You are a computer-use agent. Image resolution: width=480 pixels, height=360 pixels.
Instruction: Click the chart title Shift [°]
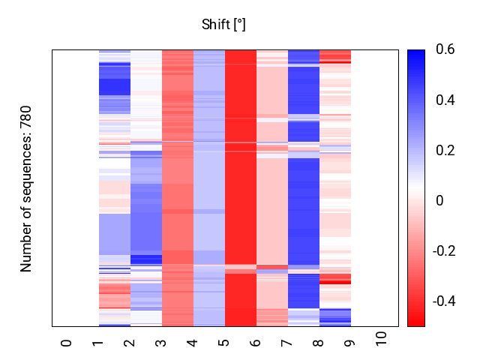(223, 25)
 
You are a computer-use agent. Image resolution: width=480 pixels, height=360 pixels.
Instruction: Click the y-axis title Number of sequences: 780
(26, 188)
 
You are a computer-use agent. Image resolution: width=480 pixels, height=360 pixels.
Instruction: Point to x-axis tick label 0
(67, 343)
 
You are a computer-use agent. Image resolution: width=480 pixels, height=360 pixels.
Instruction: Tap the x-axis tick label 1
(98, 343)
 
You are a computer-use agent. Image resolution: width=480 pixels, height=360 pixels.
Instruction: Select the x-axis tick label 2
(130, 343)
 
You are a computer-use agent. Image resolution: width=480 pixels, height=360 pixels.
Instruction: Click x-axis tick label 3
(161, 343)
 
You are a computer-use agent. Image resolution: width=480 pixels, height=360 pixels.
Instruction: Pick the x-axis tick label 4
(193, 343)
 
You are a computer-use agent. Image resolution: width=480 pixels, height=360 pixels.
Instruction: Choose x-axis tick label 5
(224, 343)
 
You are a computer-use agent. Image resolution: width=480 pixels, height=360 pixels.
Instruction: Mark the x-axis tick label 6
(256, 343)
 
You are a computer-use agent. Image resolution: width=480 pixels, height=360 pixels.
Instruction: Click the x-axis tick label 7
(287, 343)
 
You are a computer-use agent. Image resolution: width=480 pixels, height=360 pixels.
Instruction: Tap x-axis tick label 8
(319, 343)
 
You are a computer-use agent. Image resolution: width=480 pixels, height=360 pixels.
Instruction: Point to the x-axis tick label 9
(350, 343)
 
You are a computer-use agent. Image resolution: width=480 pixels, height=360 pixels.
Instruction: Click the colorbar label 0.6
(445, 50)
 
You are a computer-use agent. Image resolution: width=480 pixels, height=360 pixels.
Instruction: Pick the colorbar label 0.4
(445, 100)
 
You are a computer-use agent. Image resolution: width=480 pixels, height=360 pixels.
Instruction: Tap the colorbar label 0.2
(445, 151)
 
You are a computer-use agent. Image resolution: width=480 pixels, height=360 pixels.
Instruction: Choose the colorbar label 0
(439, 201)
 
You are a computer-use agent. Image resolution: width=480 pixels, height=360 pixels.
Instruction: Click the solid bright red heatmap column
(240, 187)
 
